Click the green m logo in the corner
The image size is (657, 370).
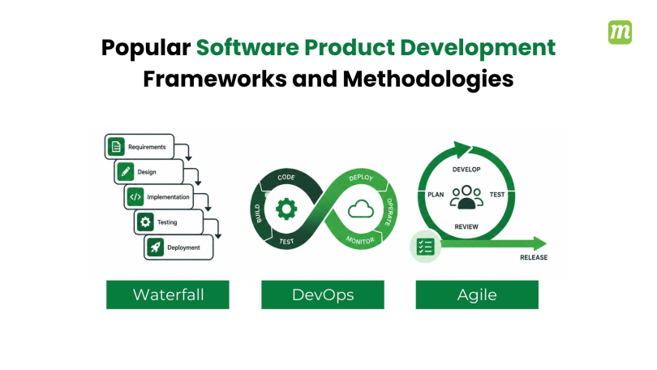(620, 32)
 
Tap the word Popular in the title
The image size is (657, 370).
(146, 48)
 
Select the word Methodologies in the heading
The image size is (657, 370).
(427, 79)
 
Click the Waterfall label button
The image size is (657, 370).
(168, 295)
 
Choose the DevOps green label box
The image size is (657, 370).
(323, 295)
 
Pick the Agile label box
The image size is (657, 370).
(477, 295)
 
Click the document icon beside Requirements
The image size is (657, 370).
(116, 147)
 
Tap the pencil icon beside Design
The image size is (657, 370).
(125, 172)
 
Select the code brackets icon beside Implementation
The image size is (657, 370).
(135, 197)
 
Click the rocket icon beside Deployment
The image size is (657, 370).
(155, 247)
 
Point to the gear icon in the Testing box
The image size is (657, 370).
(145, 222)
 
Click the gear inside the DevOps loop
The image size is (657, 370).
(286, 209)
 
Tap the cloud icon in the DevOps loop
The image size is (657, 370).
(361, 209)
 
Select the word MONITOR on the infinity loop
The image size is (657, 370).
(360, 240)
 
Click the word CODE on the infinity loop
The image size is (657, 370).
(286, 177)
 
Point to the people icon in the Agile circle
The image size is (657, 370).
(466, 197)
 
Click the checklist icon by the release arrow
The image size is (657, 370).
(425, 247)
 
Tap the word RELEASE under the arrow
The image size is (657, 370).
(534, 257)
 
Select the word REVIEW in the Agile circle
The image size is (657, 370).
(466, 226)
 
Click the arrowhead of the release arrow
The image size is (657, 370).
(539, 243)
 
